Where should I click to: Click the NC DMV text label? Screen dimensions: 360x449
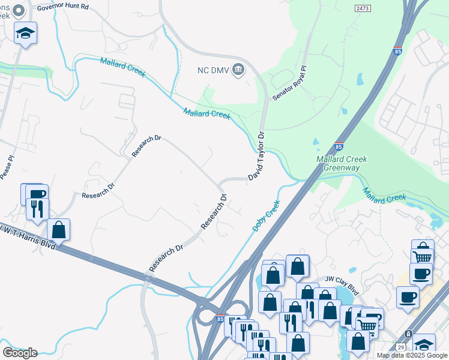point(212,69)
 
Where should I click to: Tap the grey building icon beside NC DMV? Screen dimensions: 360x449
point(238,69)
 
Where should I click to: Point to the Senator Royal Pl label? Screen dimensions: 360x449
point(289,83)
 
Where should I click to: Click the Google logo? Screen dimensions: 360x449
point(19,352)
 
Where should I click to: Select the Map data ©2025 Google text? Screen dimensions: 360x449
point(412,355)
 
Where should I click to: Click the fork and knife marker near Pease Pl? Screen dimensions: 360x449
point(37,209)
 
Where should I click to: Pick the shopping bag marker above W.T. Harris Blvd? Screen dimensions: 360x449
point(58,229)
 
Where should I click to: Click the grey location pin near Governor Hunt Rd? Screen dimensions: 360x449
point(19,10)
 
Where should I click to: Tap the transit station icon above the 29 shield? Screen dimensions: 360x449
point(409,334)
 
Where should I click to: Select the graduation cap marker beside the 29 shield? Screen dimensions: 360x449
point(424,345)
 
